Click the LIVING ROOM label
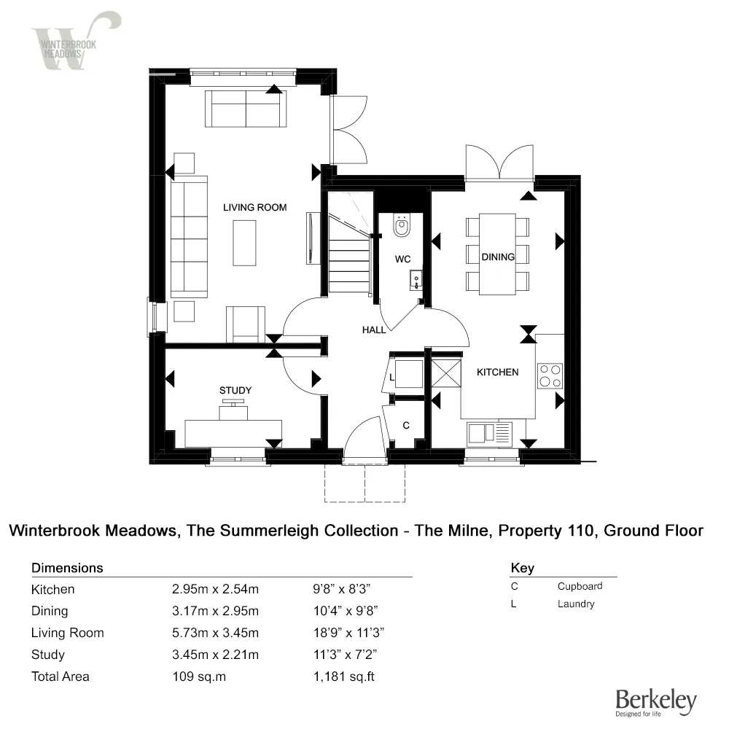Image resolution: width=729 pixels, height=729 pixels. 254,208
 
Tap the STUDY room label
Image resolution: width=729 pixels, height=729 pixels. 235,391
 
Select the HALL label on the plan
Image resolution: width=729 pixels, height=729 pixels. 374,330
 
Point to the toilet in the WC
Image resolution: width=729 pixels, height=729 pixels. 401,227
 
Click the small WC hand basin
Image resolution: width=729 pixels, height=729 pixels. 416,278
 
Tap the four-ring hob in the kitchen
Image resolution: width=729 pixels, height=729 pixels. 550,376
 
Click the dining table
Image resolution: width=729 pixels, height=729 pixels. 497,254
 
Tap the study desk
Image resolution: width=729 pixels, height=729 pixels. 233,432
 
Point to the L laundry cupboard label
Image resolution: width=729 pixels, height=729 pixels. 393,378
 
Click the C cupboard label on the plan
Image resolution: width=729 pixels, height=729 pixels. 406,425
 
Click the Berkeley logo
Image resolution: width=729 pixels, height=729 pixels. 655,701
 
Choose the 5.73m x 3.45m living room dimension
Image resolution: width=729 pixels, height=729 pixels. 214,633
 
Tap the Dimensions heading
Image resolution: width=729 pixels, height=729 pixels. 67,568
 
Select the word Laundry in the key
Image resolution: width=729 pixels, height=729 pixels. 576,604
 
